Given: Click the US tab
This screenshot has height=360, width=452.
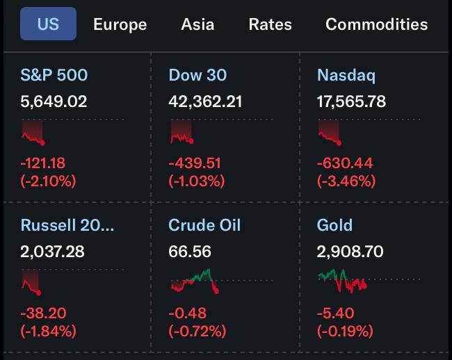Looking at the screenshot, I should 48,24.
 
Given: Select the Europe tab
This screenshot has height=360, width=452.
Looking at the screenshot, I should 120,24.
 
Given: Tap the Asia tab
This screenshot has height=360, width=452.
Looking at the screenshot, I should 197,24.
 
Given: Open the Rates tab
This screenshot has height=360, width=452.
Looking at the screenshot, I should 271,24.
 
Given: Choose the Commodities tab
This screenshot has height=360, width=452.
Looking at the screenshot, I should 376,24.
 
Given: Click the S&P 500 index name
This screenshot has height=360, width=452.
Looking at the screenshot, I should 54,75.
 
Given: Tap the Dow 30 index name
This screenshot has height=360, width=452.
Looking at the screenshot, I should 197,75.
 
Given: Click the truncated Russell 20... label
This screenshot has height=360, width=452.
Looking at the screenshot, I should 67,225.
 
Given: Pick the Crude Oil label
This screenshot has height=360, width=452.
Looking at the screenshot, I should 204,225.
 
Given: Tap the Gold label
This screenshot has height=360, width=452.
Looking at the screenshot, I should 334,225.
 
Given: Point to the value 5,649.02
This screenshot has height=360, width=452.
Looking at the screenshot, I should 54,101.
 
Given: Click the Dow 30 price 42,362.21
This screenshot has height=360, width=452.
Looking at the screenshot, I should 205,101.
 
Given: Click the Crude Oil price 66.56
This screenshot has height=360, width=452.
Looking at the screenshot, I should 190,252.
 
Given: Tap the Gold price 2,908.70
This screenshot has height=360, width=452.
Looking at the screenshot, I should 350,252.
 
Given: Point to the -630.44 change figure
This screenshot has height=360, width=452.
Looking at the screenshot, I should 345,163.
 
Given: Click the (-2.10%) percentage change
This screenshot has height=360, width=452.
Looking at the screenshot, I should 49,181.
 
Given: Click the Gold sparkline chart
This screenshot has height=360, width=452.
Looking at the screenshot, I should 342,280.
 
